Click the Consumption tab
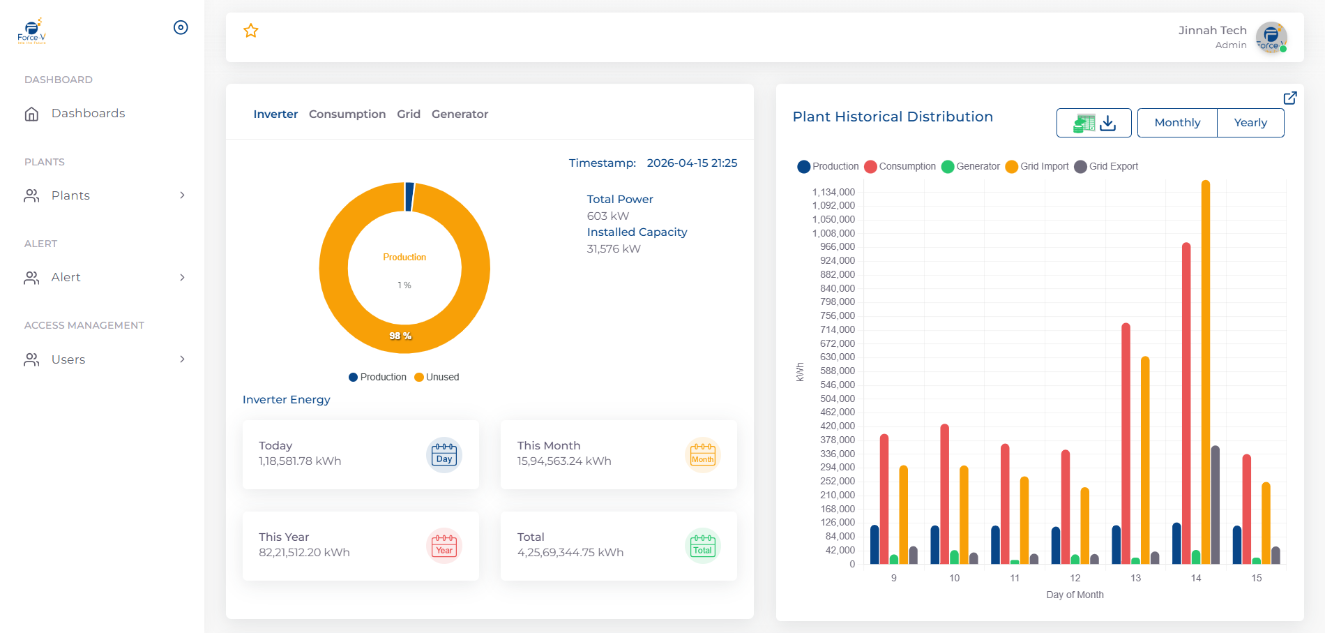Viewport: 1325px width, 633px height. [x=347, y=114]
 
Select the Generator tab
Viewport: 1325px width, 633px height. [x=460, y=114]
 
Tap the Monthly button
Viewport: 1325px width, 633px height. [x=1177, y=123]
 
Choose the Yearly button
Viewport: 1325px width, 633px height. [x=1250, y=123]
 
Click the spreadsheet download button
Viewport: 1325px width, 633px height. [x=1094, y=123]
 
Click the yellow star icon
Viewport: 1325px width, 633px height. [x=251, y=31]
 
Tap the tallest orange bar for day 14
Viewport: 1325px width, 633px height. [x=1206, y=372]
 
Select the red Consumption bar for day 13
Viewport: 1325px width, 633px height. [x=1126, y=443]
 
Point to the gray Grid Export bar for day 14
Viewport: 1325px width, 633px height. [x=1216, y=505]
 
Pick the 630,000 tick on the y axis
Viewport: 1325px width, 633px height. [x=838, y=357]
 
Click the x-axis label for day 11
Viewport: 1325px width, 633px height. [x=1015, y=578]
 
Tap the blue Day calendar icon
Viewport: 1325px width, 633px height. [x=444, y=455]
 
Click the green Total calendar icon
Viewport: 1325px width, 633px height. [x=702, y=546]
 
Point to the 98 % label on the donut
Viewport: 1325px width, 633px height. [x=400, y=336]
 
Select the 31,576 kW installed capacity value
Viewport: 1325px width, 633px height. [x=614, y=249]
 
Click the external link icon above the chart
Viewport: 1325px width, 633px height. [x=1290, y=98]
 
